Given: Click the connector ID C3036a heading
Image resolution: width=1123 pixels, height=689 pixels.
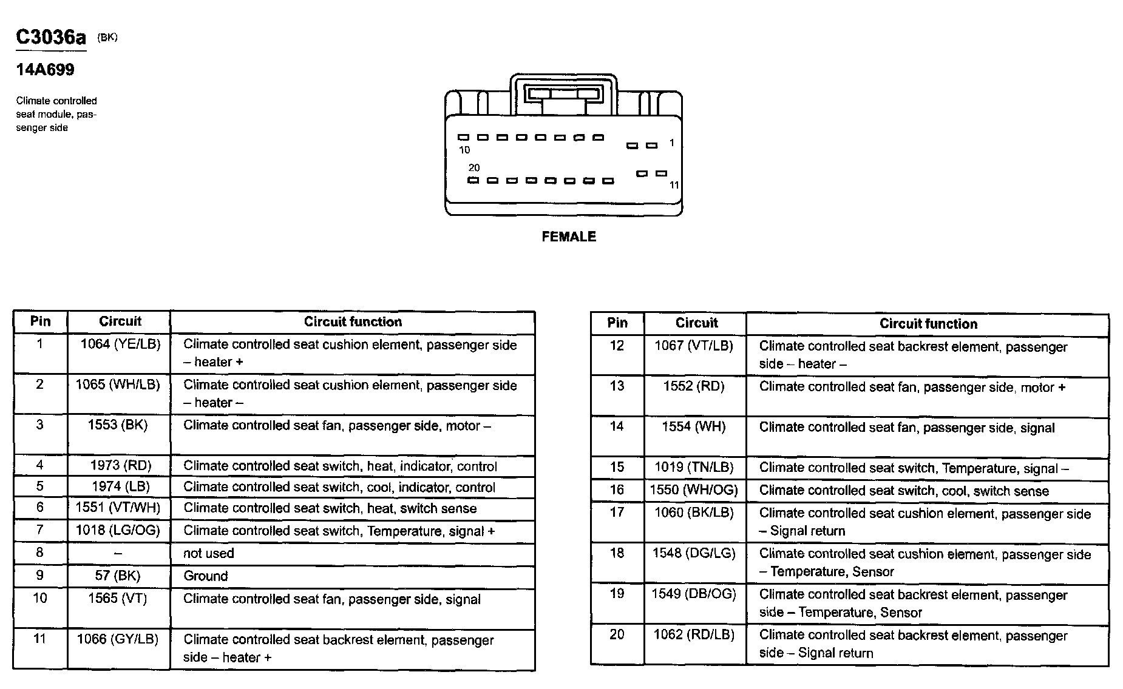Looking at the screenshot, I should pyautogui.click(x=51, y=38).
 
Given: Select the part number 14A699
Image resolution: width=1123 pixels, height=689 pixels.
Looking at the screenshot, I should pyautogui.click(x=45, y=70).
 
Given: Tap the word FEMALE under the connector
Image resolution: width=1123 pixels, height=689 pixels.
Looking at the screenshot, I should pyautogui.click(x=569, y=237).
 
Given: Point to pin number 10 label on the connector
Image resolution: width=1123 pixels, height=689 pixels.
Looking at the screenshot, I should pyautogui.click(x=464, y=150).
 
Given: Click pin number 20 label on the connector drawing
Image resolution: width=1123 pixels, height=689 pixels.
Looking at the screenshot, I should pyautogui.click(x=474, y=167).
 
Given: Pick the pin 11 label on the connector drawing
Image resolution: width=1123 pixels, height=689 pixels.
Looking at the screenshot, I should pyautogui.click(x=674, y=185).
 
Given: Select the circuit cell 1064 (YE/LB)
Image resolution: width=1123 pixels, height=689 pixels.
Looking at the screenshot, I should pyautogui.click(x=120, y=344).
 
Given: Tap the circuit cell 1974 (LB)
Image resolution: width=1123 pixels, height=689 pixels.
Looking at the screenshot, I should pyautogui.click(x=120, y=486).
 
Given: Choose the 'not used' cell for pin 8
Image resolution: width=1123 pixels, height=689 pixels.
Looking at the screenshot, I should pyautogui.click(x=209, y=553).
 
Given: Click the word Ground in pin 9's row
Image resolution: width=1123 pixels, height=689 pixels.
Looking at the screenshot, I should pyautogui.click(x=206, y=576).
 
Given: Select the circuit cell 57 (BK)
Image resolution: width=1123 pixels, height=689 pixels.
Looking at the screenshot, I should pyautogui.click(x=118, y=576).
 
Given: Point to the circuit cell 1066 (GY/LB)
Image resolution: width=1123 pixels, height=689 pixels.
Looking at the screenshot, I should pyautogui.click(x=118, y=639).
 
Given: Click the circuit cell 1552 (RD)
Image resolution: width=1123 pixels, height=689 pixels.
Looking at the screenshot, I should pyautogui.click(x=694, y=386).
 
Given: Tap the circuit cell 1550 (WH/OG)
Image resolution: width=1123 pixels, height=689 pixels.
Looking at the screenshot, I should pyautogui.click(x=694, y=490).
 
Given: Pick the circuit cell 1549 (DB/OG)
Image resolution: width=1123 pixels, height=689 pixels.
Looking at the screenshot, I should pyautogui.click(x=694, y=594).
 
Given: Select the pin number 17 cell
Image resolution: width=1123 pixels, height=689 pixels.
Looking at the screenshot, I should pyautogui.click(x=617, y=513).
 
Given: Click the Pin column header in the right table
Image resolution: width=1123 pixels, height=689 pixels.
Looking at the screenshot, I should pyautogui.click(x=617, y=323).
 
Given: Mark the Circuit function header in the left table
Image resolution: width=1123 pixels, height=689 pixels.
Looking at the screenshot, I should pyautogui.click(x=353, y=322).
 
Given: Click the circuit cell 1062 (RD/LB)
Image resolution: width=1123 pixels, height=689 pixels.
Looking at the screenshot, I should pyautogui.click(x=694, y=634).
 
